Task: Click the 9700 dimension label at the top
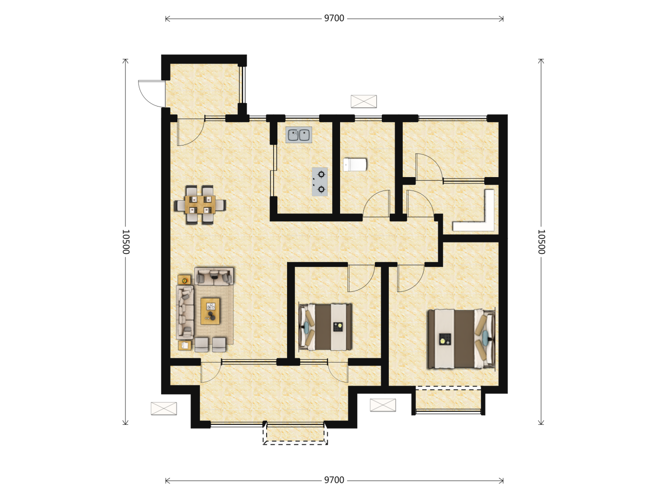[x=334, y=18]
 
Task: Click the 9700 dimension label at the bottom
[x=334, y=480]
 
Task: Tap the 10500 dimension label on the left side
[x=126, y=242]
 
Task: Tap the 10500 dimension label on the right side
[x=541, y=242]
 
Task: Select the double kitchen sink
[x=299, y=135]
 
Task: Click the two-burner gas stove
[x=320, y=182]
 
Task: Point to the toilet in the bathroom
[x=355, y=165]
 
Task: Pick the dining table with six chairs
[x=200, y=205]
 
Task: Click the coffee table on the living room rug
[x=210, y=311]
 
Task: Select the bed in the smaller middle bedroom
[x=325, y=327]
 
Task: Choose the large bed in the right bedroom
[x=461, y=339]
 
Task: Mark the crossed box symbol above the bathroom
[x=364, y=101]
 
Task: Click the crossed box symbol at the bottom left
[x=164, y=409]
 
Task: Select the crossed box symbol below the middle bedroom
[x=383, y=405]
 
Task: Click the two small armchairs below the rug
[x=210, y=344]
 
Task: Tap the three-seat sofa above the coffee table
[x=214, y=276]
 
